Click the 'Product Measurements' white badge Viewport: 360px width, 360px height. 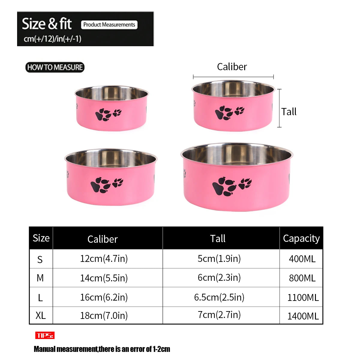[x=109, y=25]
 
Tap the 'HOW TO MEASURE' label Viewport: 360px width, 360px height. [x=55, y=67]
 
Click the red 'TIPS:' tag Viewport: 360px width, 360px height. [x=45, y=335]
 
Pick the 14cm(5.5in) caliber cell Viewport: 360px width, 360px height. [x=104, y=278]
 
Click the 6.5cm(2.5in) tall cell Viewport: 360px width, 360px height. [x=219, y=297]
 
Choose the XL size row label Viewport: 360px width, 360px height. [x=40, y=316]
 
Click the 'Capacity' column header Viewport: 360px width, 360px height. [x=301, y=238]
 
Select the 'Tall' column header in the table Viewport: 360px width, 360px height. [x=218, y=238]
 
